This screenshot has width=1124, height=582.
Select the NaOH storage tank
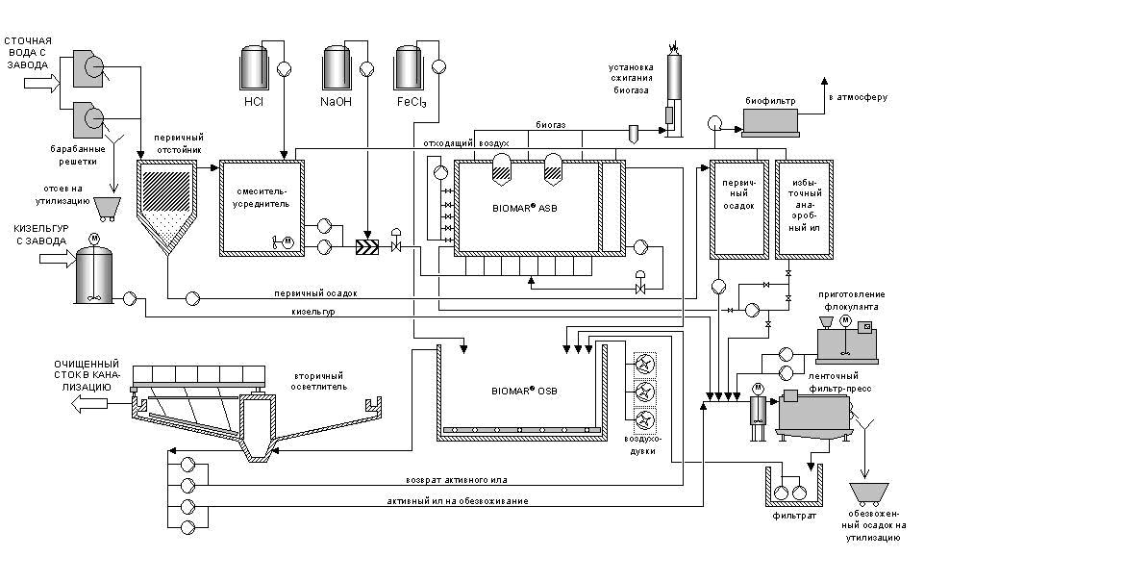click(x=337, y=67)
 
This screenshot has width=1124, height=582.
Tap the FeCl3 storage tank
click(x=409, y=67)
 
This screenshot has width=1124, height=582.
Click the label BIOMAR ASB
click(x=530, y=210)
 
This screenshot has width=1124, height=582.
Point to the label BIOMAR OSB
click(x=525, y=391)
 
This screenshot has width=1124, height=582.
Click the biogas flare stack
click(x=673, y=89)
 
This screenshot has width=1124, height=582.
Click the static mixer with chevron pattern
click(x=367, y=246)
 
